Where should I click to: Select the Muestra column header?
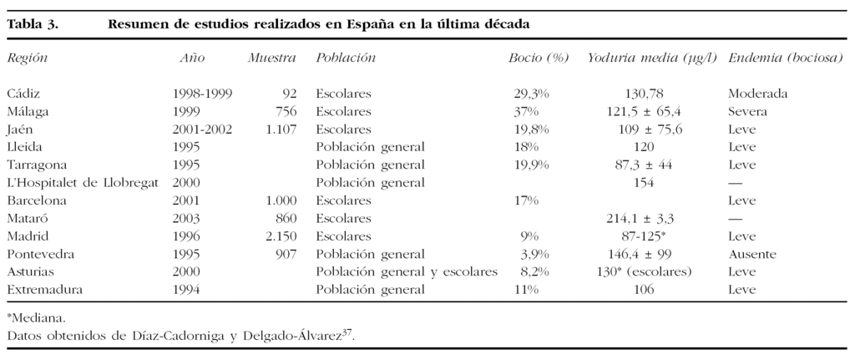coord(272,58)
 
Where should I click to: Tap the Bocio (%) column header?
coord(539,58)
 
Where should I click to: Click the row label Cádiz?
coord(23,93)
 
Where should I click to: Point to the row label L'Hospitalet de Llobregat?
coord(82,183)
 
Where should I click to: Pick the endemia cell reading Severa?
coord(747,111)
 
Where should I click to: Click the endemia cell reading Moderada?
coord(757,93)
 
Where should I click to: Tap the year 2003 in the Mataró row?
coord(187,218)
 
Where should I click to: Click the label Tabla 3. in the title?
coord(33,23)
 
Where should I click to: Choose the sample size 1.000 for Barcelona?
coord(281,200)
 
